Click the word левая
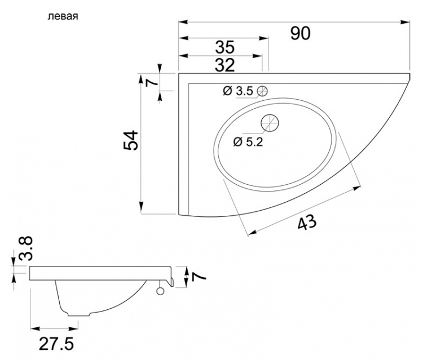(63, 17)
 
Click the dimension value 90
(300, 33)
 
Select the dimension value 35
(225, 47)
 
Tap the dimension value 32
(225, 65)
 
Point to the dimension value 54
(131, 140)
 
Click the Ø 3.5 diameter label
(238, 91)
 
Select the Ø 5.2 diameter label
(248, 142)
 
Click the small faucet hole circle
(262, 91)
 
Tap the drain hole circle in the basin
(270, 123)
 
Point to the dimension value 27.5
(56, 344)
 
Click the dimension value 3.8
(26, 248)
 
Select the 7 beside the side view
(199, 277)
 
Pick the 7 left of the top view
(152, 81)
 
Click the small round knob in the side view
(161, 291)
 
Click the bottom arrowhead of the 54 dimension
(141, 207)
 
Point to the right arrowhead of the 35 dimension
(263, 38)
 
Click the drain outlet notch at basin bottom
(78, 314)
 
